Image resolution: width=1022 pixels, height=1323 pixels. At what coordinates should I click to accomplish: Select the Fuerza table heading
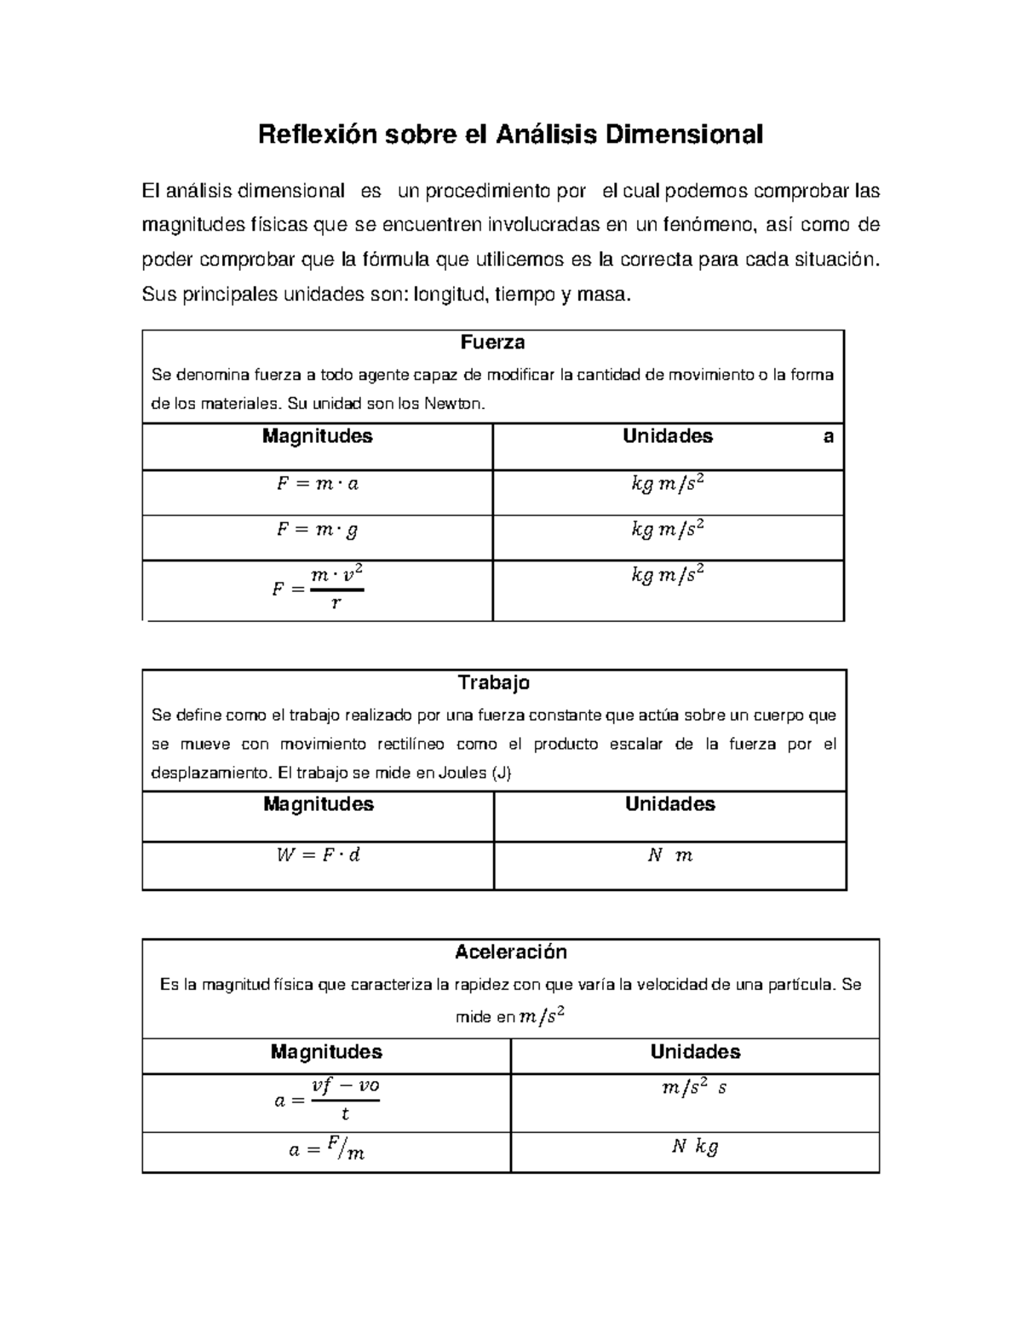click(x=492, y=342)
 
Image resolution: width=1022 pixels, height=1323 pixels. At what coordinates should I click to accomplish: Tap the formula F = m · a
click(x=317, y=484)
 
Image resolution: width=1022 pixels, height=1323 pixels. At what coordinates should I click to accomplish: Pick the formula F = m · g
click(x=317, y=530)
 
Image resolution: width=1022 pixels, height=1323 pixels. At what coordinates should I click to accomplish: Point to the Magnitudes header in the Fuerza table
click(x=317, y=436)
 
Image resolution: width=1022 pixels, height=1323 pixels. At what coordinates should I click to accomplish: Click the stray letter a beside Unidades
click(x=828, y=437)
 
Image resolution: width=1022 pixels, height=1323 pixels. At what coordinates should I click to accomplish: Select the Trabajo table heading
click(x=494, y=682)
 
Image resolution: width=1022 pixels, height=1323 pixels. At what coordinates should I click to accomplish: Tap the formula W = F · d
click(x=318, y=854)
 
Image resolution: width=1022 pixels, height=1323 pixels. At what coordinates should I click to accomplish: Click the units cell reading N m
click(x=669, y=855)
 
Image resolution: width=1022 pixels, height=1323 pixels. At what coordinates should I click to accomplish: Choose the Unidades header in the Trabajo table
click(x=669, y=804)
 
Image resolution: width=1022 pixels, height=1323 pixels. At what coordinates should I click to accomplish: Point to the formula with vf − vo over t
click(x=326, y=1100)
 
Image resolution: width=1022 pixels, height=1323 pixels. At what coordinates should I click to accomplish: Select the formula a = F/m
click(x=326, y=1150)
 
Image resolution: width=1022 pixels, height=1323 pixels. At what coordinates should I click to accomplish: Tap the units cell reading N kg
click(x=694, y=1147)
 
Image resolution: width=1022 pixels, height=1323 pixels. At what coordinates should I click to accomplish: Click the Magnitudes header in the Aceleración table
click(x=326, y=1051)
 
